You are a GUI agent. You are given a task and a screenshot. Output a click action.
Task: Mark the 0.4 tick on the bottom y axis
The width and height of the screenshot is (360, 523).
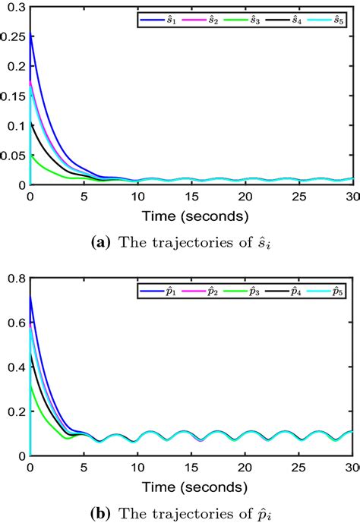[x=16, y=368]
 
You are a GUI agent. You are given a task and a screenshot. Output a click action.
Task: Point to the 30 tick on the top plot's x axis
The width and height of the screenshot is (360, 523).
[x=350, y=197]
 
